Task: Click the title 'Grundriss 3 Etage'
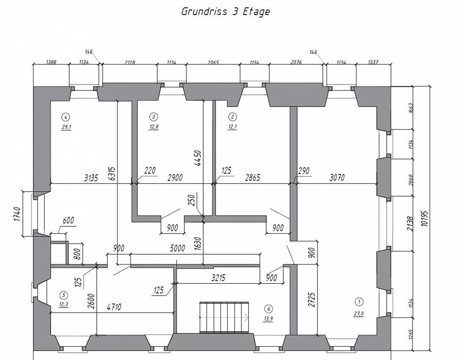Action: pos(225,12)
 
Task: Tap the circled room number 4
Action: pos(66,117)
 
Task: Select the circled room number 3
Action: pos(154,117)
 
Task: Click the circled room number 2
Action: pos(232,117)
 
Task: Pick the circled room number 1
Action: pos(359,302)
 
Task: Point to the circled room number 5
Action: pos(64,295)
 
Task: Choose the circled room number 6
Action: pos(268,309)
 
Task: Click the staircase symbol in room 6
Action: pos(224,317)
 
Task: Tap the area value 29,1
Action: pos(66,127)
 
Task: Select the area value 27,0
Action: pos(358,313)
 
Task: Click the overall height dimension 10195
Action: pos(425,218)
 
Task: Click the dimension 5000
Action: pos(177,248)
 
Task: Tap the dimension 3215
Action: pos(218,278)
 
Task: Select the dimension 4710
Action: pos(114,307)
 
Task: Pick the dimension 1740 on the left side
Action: pos(17,214)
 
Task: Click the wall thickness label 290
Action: pos(304,170)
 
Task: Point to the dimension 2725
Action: pos(311,300)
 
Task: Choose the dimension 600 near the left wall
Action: pos(68,220)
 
